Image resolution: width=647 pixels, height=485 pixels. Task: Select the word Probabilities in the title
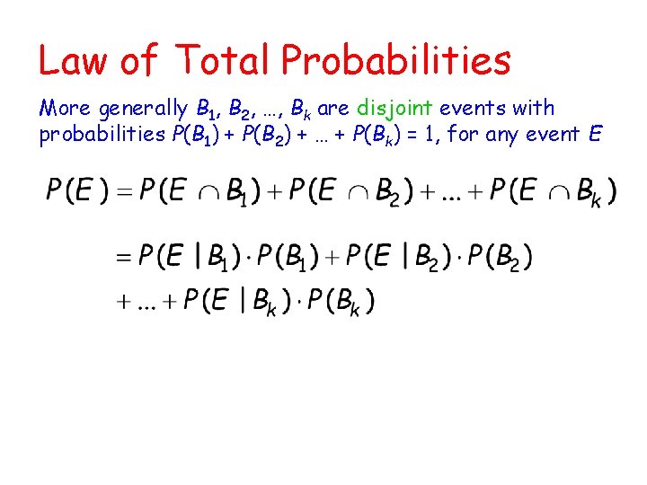396,60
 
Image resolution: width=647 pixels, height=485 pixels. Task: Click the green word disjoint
396,109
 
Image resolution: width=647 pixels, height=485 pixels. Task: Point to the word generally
143,110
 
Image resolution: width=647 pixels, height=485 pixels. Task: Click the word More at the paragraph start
65,109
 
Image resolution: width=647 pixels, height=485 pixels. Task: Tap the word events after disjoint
474,109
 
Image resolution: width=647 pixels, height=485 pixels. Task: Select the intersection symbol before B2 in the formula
359,192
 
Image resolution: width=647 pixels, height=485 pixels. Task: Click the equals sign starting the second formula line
124,258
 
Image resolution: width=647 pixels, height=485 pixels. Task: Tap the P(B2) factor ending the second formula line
499,258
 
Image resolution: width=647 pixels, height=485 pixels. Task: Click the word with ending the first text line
536,109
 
